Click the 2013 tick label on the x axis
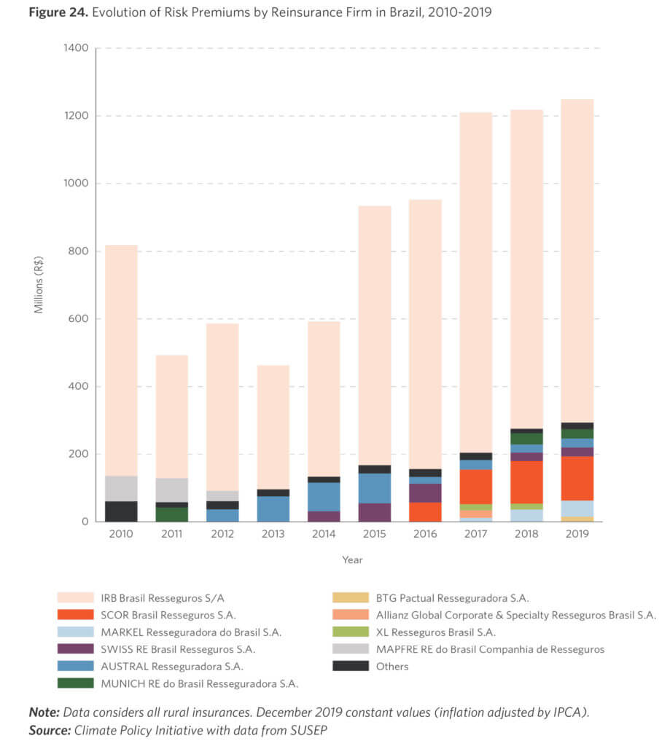click(273, 535)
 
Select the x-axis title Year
click(352, 560)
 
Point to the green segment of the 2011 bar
click(171, 514)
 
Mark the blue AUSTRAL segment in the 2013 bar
click(273, 509)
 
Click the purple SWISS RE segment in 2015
click(374, 512)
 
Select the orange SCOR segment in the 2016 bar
click(425, 511)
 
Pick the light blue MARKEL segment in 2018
click(526, 515)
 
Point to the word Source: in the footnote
click(50, 729)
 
